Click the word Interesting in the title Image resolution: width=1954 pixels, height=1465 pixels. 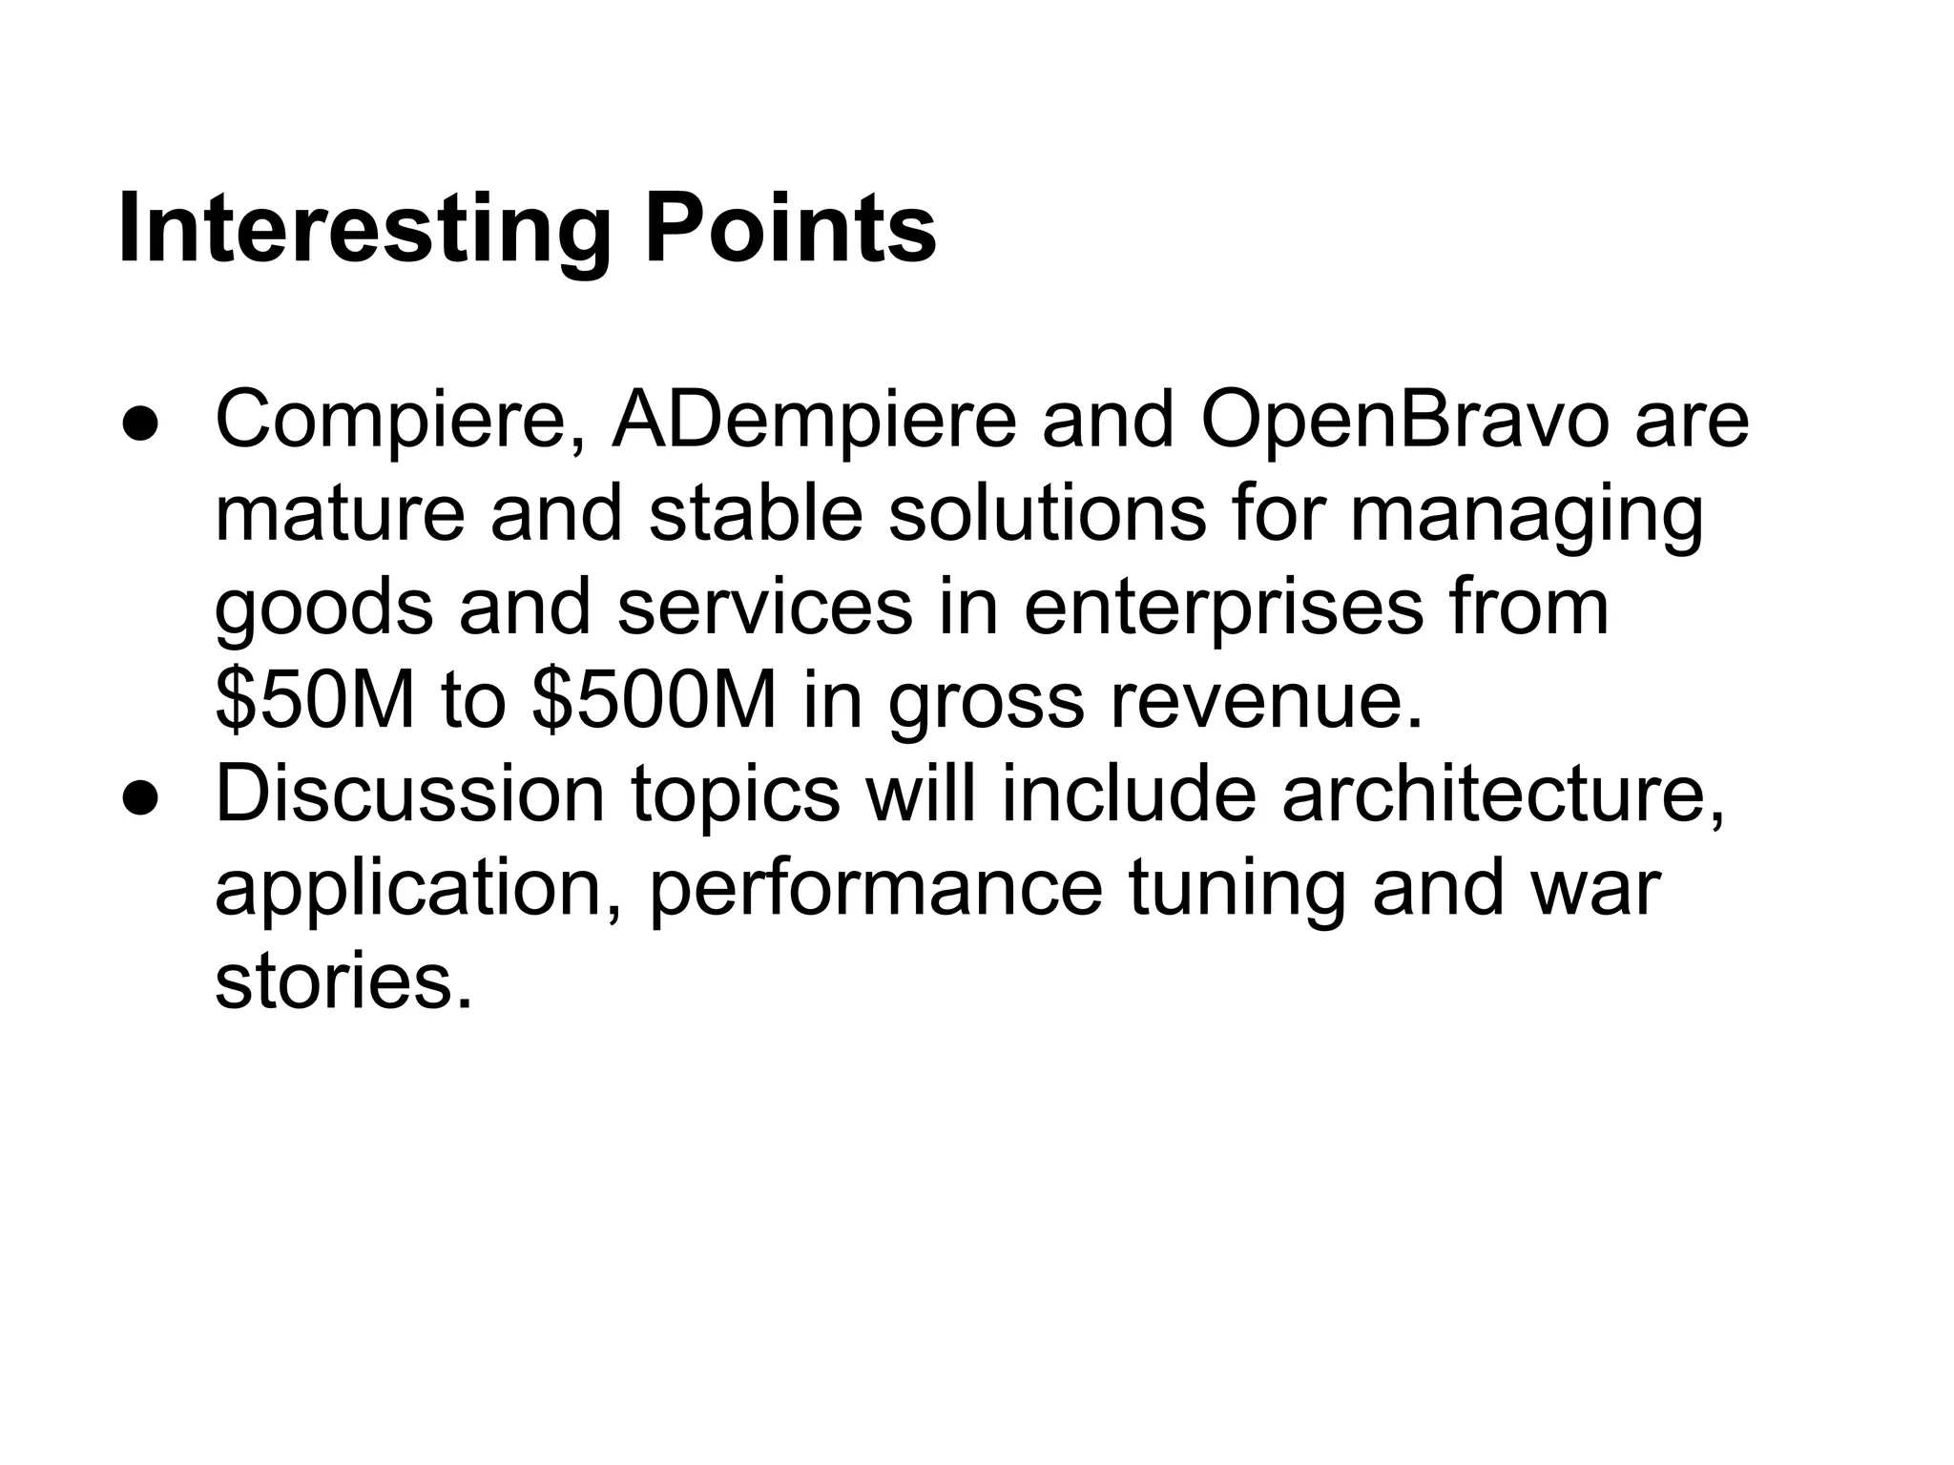tap(364, 231)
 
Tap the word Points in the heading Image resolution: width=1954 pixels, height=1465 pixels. tap(790, 231)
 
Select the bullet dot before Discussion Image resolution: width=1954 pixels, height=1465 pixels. tap(139, 799)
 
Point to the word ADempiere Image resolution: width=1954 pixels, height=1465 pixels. tap(814, 422)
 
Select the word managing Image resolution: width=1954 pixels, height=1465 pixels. tap(1526, 517)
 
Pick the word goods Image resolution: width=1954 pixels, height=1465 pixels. tap(324, 610)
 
